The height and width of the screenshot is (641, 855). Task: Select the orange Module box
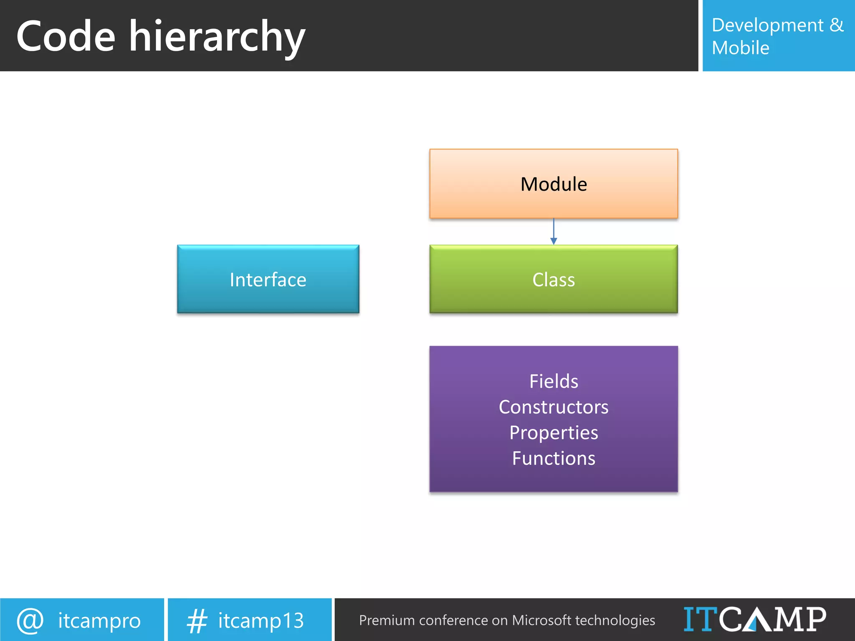pyautogui.click(x=554, y=184)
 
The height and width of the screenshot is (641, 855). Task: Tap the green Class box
pyautogui.click(x=554, y=279)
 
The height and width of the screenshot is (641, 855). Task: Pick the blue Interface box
pyautogui.click(x=268, y=279)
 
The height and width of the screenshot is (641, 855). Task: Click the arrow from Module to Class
pyautogui.click(x=554, y=232)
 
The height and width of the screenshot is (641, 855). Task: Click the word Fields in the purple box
pyautogui.click(x=554, y=381)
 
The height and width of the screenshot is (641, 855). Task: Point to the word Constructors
pyautogui.click(x=554, y=407)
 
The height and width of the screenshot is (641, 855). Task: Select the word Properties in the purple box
pyautogui.click(x=554, y=433)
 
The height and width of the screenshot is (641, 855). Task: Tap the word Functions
pyautogui.click(x=554, y=458)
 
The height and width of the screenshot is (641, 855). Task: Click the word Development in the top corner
pyautogui.click(x=767, y=25)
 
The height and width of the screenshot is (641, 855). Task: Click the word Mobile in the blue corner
pyautogui.click(x=740, y=48)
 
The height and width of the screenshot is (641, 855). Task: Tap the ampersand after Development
pyautogui.click(x=837, y=25)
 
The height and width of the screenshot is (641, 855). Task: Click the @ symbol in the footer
pyautogui.click(x=30, y=621)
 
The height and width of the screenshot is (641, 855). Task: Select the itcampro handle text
pyautogui.click(x=99, y=621)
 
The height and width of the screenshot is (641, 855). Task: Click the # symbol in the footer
pyautogui.click(x=197, y=621)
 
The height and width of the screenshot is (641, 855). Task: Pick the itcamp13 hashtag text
pyautogui.click(x=261, y=621)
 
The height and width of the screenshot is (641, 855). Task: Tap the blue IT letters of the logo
pyautogui.click(x=700, y=619)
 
